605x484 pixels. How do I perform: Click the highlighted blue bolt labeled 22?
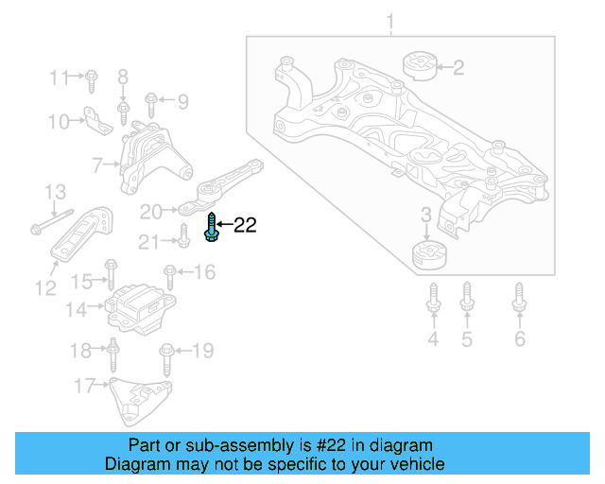click(209, 228)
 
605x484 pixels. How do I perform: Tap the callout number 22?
click(245, 225)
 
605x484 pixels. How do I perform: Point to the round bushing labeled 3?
click(429, 254)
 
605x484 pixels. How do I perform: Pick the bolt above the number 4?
click(433, 300)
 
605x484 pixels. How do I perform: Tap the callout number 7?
click(97, 166)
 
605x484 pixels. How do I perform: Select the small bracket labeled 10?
click(95, 118)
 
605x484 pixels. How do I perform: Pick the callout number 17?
click(84, 385)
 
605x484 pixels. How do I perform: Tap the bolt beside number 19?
click(166, 356)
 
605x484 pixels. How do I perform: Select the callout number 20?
click(152, 210)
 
